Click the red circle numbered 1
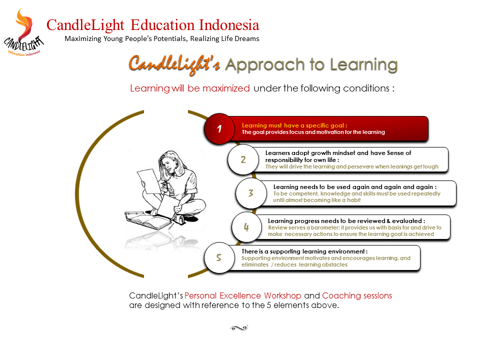pyautogui.click(x=219, y=128)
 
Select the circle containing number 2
pyautogui.click(x=243, y=159)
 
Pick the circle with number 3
pyautogui.click(x=251, y=193)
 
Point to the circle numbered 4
pyautogui.click(x=246, y=227)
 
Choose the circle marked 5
pyautogui.click(x=219, y=257)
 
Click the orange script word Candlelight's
pyautogui.click(x=174, y=64)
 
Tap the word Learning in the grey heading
pyautogui.click(x=363, y=65)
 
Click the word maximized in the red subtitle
pyautogui.click(x=226, y=88)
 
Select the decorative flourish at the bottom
pyautogui.click(x=239, y=328)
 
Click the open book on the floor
pyautogui.click(x=148, y=220)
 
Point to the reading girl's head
pyautogui.click(x=169, y=162)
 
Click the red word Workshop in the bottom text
pyautogui.click(x=282, y=295)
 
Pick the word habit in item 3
pyautogui.click(x=353, y=200)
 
